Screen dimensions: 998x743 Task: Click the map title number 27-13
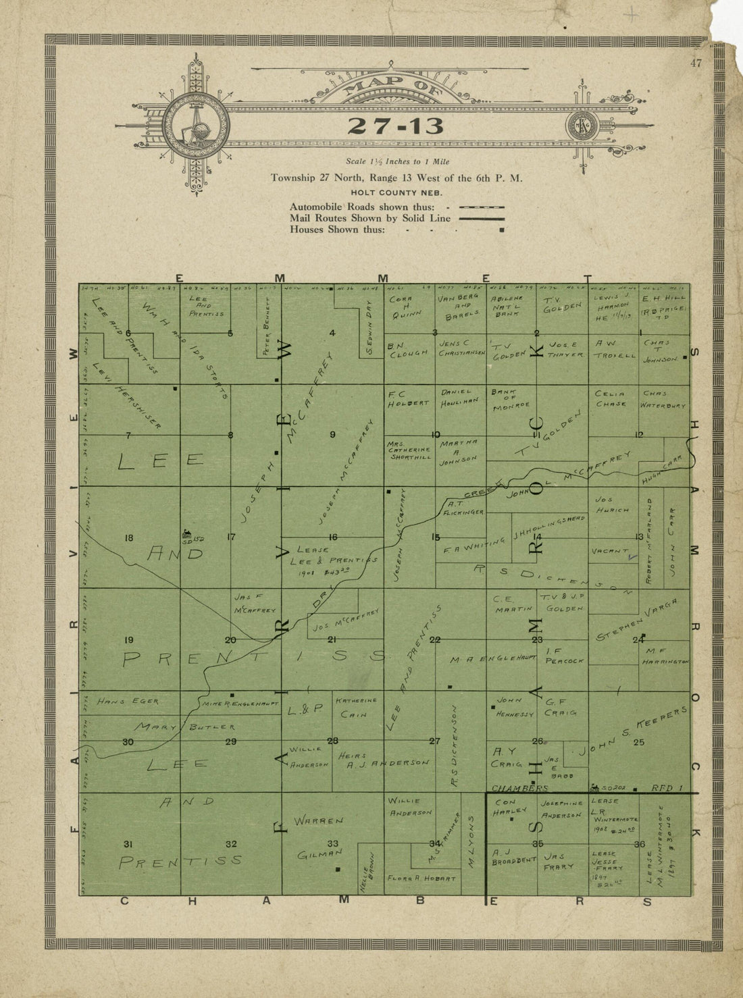(x=396, y=126)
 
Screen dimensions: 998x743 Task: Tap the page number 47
(x=696, y=64)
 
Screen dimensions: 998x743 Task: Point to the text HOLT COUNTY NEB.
(x=396, y=192)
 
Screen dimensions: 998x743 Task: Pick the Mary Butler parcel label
(x=184, y=727)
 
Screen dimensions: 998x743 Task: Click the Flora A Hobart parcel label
(x=421, y=878)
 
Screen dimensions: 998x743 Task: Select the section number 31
(x=128, y=844)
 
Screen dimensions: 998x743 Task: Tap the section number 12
(x=638, y=434)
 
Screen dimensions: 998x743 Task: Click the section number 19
(x=128, y=640)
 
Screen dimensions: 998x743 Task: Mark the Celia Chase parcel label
(x=611, y=398)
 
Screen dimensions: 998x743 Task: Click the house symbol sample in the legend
(x=501, y=230)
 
